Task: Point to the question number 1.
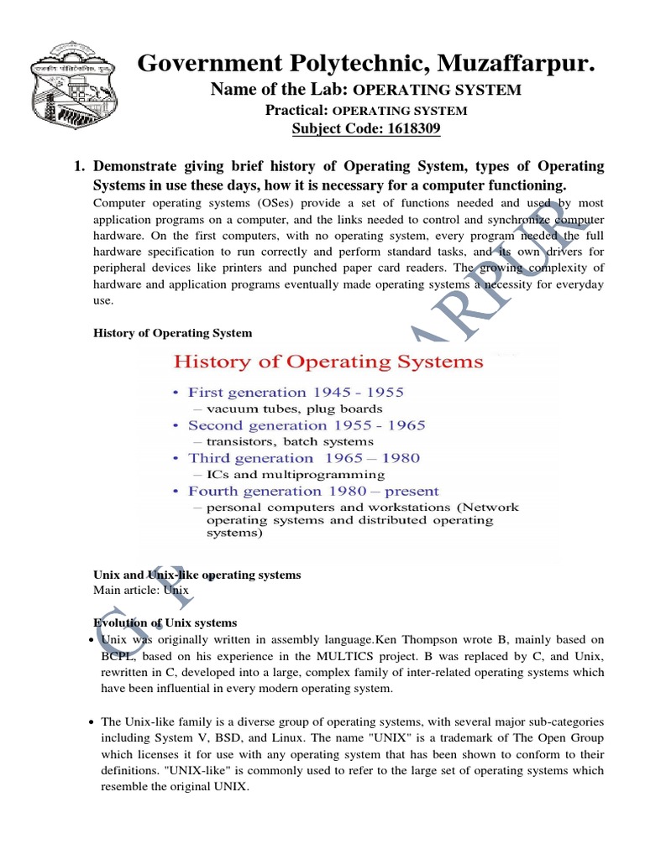pos(80,166)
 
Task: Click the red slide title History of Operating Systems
pos(328,362)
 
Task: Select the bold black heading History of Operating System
pos(172,333)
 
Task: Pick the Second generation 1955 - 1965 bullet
pos(307,425)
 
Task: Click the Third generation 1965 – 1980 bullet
pos(303,458)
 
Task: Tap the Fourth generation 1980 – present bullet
pos(312,491)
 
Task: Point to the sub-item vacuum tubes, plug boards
pos(283,409)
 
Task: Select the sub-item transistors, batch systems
pos(283,441)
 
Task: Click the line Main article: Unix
pos(141,591)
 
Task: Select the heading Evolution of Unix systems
pos(165,622)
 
